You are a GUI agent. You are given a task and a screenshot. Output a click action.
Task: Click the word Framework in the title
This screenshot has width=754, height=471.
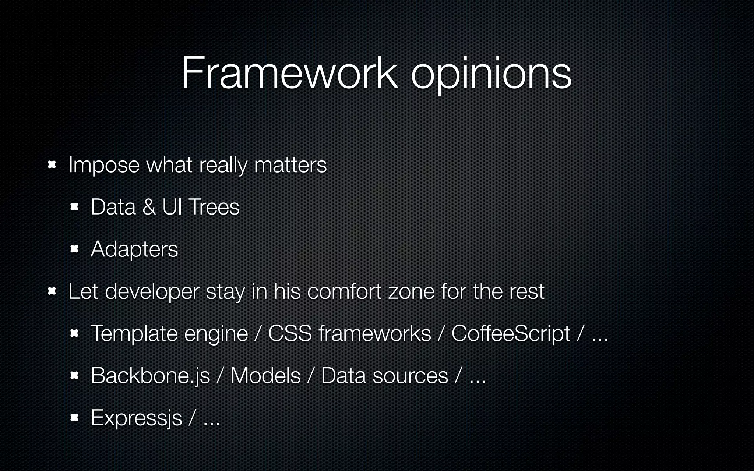[x=289, y=72]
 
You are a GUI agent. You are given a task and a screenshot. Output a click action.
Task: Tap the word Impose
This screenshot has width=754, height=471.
[x=104, y=165]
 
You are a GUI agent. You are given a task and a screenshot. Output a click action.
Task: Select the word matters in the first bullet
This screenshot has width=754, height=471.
[x=290, y=165]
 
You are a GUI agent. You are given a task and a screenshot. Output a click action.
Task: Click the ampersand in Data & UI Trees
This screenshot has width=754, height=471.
[x=149, y=207]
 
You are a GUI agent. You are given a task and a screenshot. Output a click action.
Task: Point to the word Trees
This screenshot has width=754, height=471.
[x=214, y=207]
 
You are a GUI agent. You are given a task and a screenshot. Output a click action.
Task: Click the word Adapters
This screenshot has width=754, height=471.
[x=134, y=249]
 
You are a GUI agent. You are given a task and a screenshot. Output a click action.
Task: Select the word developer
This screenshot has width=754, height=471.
[x=152, y=292]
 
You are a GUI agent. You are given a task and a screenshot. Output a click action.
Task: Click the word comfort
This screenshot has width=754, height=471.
[x=344, y=292]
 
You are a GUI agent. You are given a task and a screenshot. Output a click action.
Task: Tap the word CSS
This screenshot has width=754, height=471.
[x=290, y=334]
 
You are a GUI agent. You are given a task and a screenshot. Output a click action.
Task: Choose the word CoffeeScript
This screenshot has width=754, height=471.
[x=511, y=334]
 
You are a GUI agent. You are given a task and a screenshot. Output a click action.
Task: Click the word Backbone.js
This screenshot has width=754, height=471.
[x=150, y=376]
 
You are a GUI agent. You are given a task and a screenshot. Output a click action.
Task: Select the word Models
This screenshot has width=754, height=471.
[x=265, y=376]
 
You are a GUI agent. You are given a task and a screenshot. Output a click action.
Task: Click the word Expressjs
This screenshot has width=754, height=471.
[x=136, y=418]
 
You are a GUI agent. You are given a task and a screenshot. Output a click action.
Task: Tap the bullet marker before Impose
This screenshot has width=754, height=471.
[x=52, y=165]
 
